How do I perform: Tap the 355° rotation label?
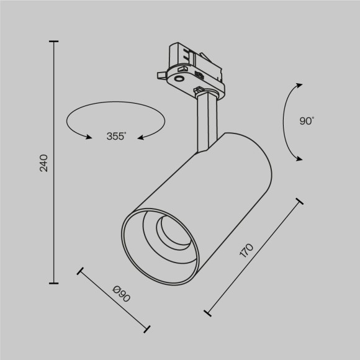point(115,136)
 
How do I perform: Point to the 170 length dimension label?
point(247,251)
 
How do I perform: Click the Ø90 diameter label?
point(121,294)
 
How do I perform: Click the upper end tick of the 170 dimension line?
point(300,201)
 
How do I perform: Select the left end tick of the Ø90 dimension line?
point(79,271)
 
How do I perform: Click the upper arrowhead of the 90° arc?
point(298,86)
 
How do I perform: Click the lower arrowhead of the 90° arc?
point(298,158)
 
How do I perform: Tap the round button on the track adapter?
point(179,79)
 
